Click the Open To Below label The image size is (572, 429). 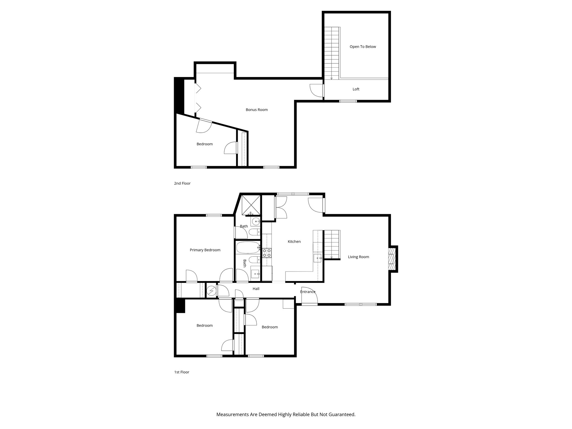pyautogui.click(x=363, y=47)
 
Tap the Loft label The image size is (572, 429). pyautogui.click(x=356, y=89)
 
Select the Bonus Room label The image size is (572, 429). pyautogui.click(x=256, y=110)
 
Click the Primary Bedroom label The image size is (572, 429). pyautogui.click(x=205, y=250)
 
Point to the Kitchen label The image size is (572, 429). pyautogui.click(x=294, y=242)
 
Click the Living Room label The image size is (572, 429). pyautogui.click(x=358, y=257)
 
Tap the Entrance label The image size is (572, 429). pyautogui.click(x=308, y=292)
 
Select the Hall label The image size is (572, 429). pyautogui.click(x=256, y=289)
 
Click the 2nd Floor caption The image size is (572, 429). pyautogui.click(x=182, y=183)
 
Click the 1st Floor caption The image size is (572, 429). pyautogui.click(x=182, y=372)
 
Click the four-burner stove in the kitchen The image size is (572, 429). pyautogui.click(x=266, y=253)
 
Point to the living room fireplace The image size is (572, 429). pyautogui.click(x=392, y=259)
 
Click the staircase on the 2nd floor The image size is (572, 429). pyautogui.click(x=332, y=53)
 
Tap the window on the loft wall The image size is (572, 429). pyautogui.click(x=348, y=101)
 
